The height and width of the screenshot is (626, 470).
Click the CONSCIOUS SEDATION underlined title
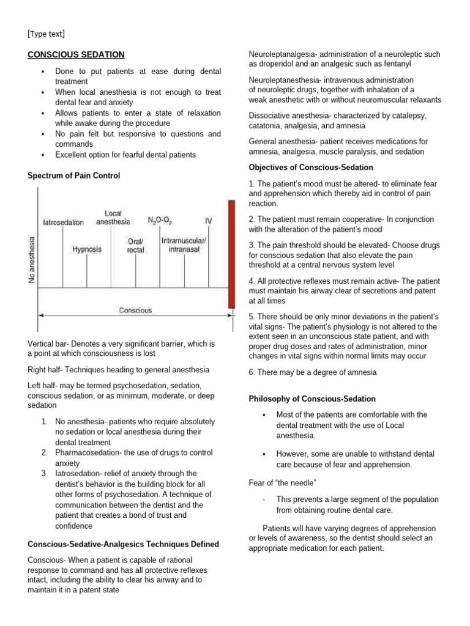point(76,54)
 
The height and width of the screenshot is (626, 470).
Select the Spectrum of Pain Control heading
point(74,175)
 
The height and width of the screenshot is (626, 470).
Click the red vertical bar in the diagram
point(231,254)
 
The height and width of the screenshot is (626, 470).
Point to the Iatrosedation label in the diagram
point(64,223)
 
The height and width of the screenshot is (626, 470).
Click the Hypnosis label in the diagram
point(87,249)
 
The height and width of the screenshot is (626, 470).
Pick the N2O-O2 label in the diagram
point(160,219)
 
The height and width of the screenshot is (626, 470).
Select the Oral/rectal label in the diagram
point(136,246)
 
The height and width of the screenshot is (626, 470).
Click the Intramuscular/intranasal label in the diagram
point(184,245)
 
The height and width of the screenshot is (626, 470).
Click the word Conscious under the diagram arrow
point(135,311)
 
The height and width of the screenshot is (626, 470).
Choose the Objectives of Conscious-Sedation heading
point(311,168)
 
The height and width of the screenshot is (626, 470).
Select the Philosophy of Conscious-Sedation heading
point(312,399)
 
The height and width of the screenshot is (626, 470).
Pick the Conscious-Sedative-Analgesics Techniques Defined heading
point(123,544)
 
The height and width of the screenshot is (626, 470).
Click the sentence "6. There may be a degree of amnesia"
point(312,372)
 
